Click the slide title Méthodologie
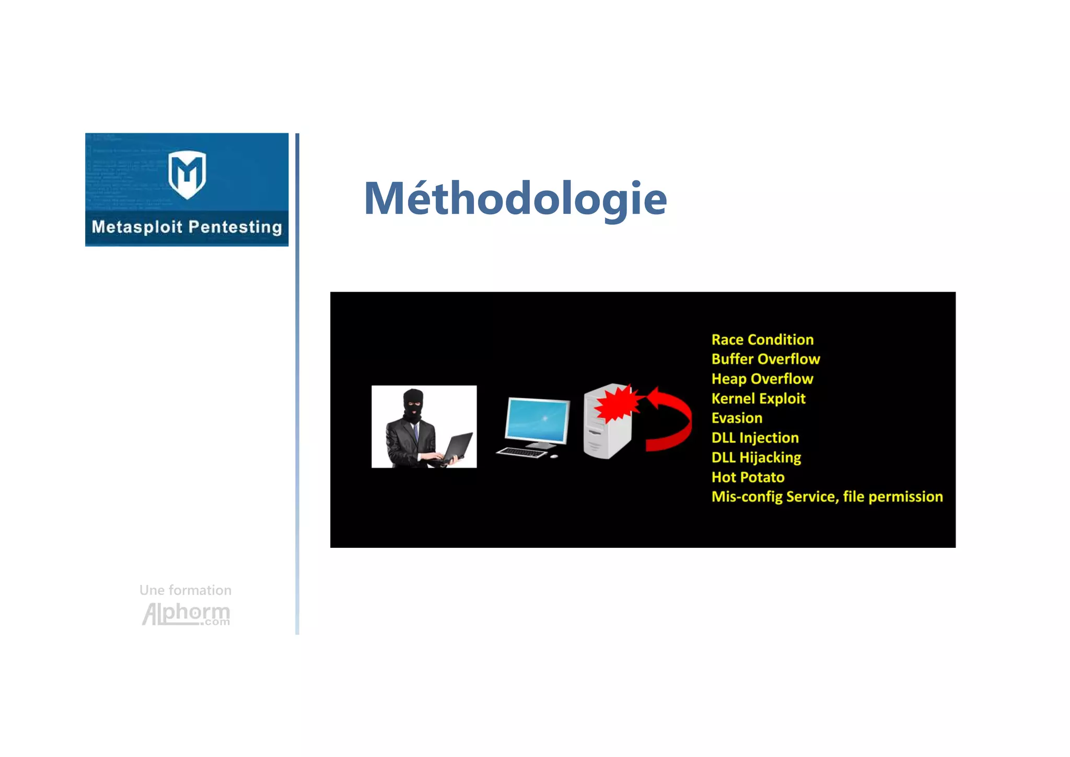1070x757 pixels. click(x=515, y=199)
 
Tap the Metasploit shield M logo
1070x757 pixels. click(x=187, y=174)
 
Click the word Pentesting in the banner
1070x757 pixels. click(x=235, y=227)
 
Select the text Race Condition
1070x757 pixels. click(x=762, y=340)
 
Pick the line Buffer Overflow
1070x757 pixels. click(x=765, y=359)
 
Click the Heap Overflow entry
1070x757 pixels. click(x=762, y=379)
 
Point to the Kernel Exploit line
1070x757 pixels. click(x=758, y=398)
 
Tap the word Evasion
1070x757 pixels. click(x=737, y=418)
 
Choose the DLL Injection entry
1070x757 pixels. click(x=755, y=438)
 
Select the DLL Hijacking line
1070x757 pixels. click(x=756, y=457)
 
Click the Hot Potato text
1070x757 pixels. click(x=748, y=477)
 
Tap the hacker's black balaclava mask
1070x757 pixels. click(x=413, y=405)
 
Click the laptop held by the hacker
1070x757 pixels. click(x=458, y=447)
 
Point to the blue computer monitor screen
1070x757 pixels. click(x=538, y=421)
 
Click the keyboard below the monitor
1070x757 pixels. click(x=521, y=452)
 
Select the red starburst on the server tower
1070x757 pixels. click(x=617, y=403)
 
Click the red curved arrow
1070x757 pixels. click(x=674, y=418)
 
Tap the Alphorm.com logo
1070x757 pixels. click(x=186, y=614)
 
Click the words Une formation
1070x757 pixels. click(x=185, y=590)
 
